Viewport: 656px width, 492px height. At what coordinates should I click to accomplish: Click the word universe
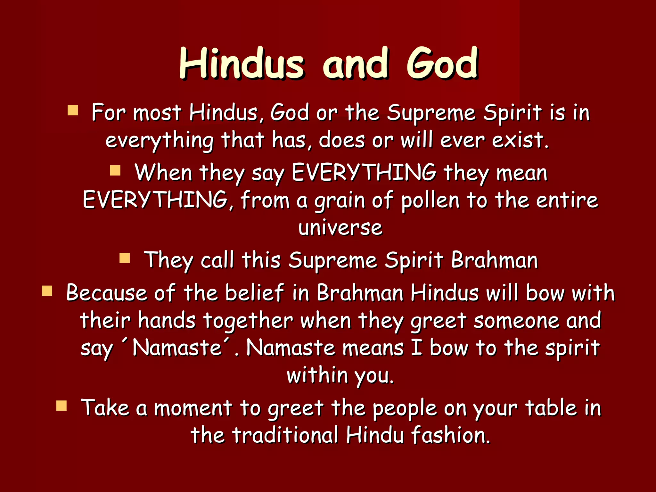click(x=340, y=228)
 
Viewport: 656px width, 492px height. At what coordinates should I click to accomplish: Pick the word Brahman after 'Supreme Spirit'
click(x=494, y=260)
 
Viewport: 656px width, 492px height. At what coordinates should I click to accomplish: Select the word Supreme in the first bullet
click(x=431, y=113)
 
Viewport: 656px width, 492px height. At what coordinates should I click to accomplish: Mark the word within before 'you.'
click(x=317, y=375)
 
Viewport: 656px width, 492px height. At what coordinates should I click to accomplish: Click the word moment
click(x=193, y=408)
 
